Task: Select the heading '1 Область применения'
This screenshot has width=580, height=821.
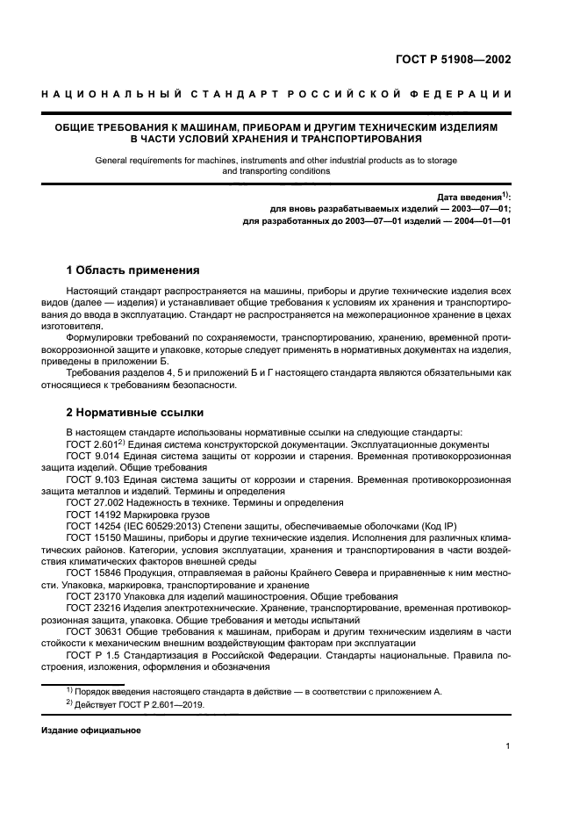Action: coord(133,270)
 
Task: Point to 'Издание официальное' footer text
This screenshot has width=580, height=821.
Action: coord(90,730)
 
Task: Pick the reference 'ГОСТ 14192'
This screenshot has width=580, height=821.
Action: coord(91,515)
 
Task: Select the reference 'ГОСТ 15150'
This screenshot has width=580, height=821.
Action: coord(91,537)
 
